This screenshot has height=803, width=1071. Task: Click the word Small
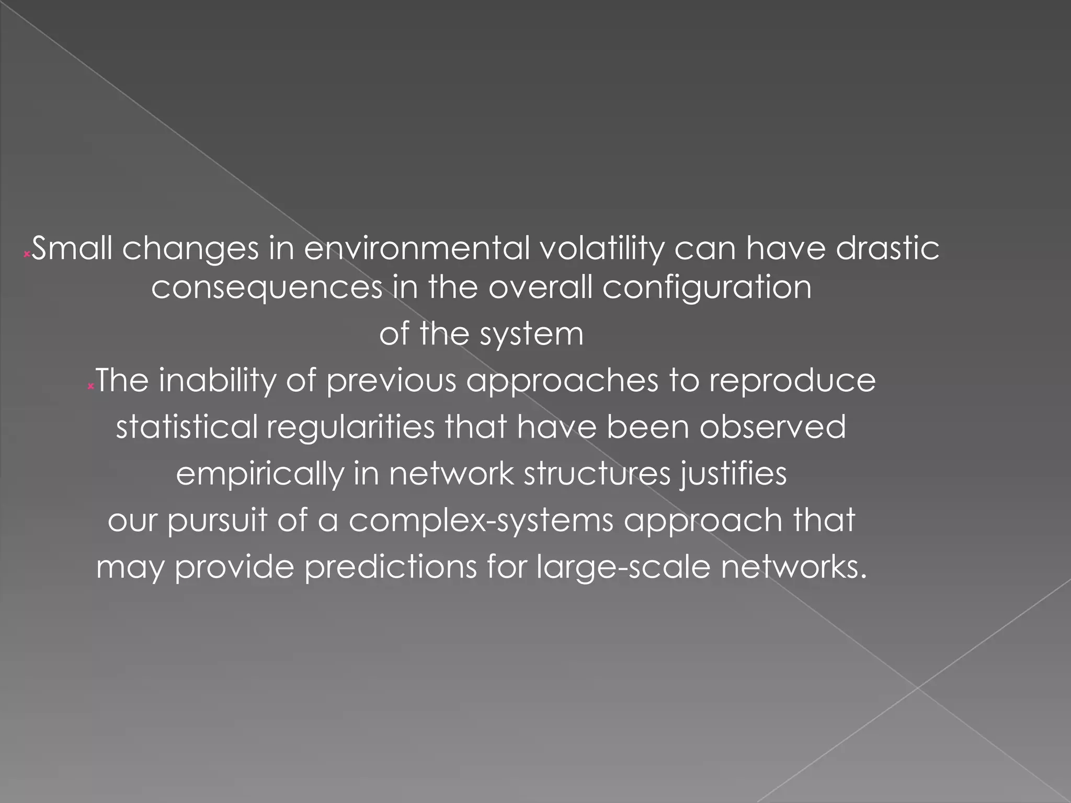[72, 248]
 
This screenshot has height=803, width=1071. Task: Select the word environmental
[417, 248]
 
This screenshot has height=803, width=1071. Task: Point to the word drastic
[887, 248]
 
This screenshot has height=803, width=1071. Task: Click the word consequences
[267, 288]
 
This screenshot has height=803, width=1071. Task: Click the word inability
[217, 381]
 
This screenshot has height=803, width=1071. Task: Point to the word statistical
[187, 427]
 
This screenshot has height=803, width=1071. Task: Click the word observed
[772, 427]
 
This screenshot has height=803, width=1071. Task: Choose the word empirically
[260, 475]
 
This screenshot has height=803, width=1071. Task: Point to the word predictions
[391, 567]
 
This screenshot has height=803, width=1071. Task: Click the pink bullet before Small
[26, 255]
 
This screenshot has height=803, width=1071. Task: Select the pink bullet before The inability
[90, 386]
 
